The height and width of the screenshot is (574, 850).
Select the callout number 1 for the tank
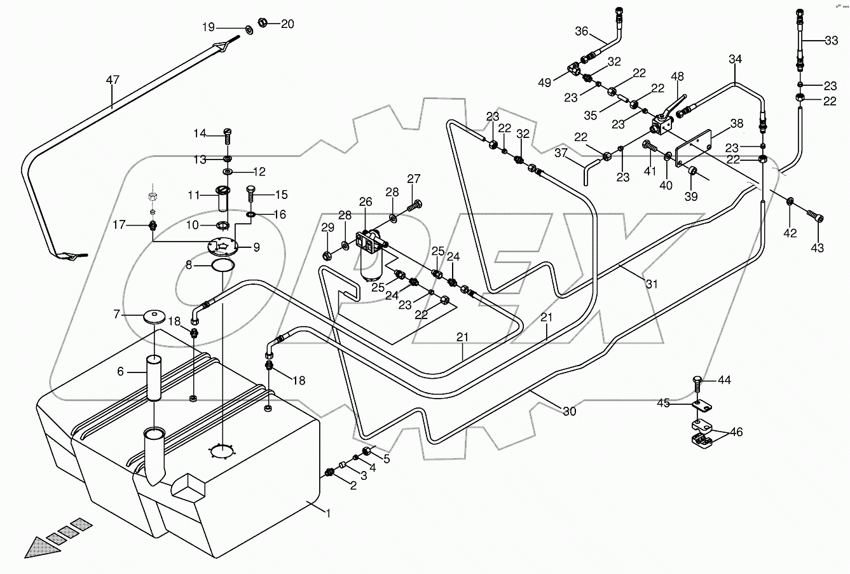point(328,514)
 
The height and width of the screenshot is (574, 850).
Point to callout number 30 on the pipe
point(569,411)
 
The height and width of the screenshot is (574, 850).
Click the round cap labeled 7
point(154,317)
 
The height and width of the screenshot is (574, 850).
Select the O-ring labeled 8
point(220,265)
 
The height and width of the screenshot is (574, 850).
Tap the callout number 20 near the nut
point(287,24)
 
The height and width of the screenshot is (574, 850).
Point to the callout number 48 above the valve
point(678,77)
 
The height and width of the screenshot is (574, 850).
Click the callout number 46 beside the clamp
point(736,432)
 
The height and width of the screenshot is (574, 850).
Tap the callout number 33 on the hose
point(831,41)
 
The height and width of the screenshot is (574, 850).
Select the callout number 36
point(582,31)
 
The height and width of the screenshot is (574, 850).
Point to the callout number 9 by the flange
point(256,248)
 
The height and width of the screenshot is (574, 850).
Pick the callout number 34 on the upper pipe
point(735,60)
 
